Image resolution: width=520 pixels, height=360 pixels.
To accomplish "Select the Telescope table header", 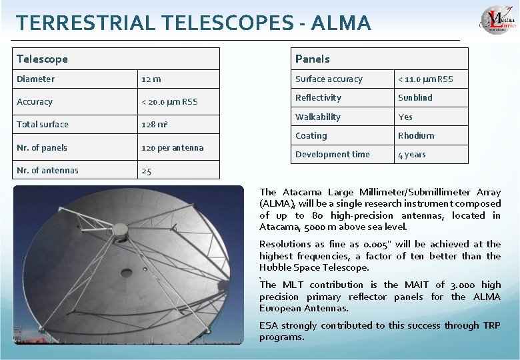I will click(x=42, y=59).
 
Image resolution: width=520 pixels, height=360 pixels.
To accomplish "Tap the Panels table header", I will click(x=312, y=59).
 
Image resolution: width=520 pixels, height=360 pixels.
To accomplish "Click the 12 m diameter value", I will click(x=151, y=79).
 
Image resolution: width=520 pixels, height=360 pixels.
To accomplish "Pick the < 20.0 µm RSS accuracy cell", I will click(x=169, y=102).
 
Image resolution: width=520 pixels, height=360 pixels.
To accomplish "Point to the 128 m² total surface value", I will click(x=155, y=125).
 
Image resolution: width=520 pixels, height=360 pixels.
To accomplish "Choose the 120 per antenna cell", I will click(x=172, y=147).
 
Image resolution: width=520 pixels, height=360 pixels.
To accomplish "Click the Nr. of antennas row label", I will click(x=47, y=170).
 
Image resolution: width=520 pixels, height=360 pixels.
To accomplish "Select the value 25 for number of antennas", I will click(x=147, y=171).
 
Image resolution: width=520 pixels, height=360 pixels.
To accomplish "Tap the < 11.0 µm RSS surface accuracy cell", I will click(x=425, y=79).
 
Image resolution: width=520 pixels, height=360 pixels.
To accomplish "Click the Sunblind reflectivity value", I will click(x=415, y=97).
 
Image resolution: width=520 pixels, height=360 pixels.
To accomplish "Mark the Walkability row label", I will click(x=317, y=117).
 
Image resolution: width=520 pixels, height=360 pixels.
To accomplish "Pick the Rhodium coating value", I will click(x=415, y=135).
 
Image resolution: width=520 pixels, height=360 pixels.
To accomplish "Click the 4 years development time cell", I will click(x=411, y=155).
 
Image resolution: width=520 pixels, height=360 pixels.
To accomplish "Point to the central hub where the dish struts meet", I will click(x=119, y=231).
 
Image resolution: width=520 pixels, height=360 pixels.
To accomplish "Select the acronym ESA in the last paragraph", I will click(x=268, y=325).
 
